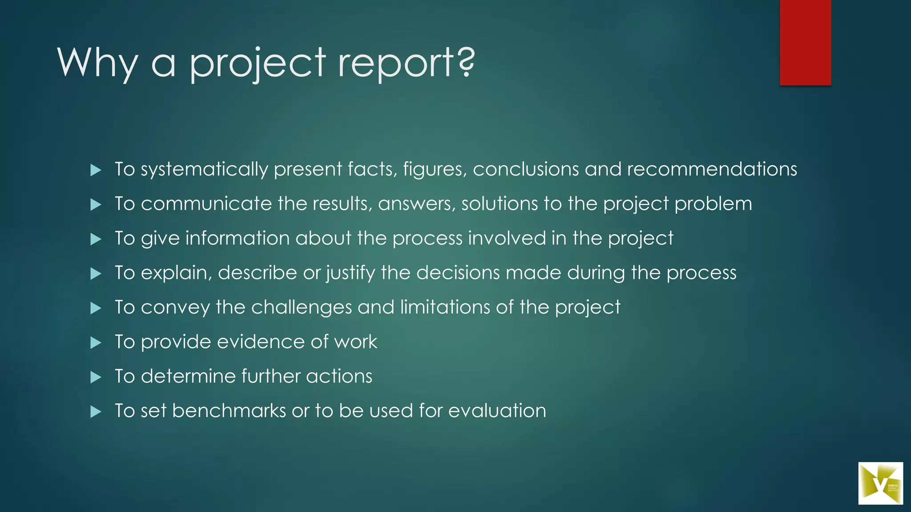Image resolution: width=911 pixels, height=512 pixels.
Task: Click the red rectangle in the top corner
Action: [805, 42]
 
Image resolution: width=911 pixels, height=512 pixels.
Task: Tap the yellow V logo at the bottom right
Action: [880, 483]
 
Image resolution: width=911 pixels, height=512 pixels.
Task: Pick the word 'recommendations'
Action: [712, 169]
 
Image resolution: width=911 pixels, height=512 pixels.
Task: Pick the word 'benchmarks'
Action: [229, 411]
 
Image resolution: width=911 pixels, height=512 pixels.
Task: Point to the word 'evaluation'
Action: [497, 411]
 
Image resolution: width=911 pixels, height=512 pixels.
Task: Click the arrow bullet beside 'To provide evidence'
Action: [96, 343]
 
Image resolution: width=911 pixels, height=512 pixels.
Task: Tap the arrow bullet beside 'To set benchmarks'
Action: [96, 412]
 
